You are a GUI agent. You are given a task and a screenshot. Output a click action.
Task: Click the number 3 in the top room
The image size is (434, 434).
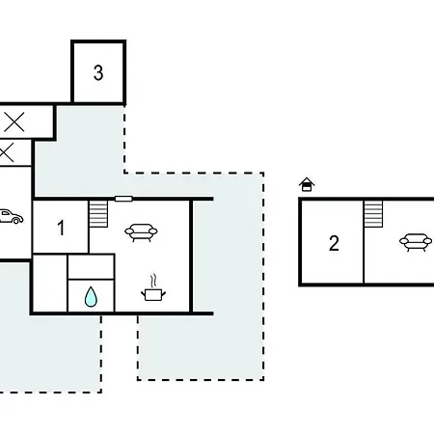pyautogui.click(x=98, y=72)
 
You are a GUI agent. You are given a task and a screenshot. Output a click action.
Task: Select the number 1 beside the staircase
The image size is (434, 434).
pyautogui.click(x=61, y=228)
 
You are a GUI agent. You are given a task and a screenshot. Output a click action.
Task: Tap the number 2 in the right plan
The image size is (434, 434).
pyautogui.click(x=334, y=243)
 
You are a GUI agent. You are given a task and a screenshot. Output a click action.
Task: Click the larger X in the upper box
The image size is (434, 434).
pyautogui.click(x=14, y=122)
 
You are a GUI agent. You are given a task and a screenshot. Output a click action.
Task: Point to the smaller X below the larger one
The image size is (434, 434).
pyautogui.click(x=6, y=152)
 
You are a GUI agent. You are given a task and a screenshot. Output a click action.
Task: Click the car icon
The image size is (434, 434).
pyautogui.click(x=12, y=216)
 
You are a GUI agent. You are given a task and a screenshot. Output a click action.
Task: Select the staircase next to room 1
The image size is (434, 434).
pyautogui.click(x=98, y=214)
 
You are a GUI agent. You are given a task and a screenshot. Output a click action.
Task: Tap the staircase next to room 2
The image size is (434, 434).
pyautogui.click(x=373, y=214)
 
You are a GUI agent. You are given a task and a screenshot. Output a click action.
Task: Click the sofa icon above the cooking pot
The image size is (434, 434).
pyautogui.click(x=141, y=232)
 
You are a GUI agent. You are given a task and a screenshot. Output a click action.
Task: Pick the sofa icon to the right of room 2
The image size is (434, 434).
pyautogui.click(x=416, y=242)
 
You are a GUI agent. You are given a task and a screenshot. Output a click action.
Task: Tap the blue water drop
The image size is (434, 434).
pyautogui.click(x=91, y=296)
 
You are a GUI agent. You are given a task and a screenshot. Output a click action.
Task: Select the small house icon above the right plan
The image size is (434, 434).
pyautogui.click(x=307, y=184)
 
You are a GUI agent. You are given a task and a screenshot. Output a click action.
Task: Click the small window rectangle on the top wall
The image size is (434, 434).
pyautogui.click(x=123, y=199)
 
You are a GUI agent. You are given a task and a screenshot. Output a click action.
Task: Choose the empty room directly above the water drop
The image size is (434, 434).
pyautogui.click(x=92, y=267)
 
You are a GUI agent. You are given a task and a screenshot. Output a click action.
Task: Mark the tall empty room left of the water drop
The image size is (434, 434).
pyautogui.click(x=50, y=284)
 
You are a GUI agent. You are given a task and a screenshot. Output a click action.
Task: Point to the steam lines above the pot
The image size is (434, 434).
pyautogui.click(x=154, y=281)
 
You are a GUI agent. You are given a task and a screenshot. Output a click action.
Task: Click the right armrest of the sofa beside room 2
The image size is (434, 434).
pyautogui.click(x=427, y=240)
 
